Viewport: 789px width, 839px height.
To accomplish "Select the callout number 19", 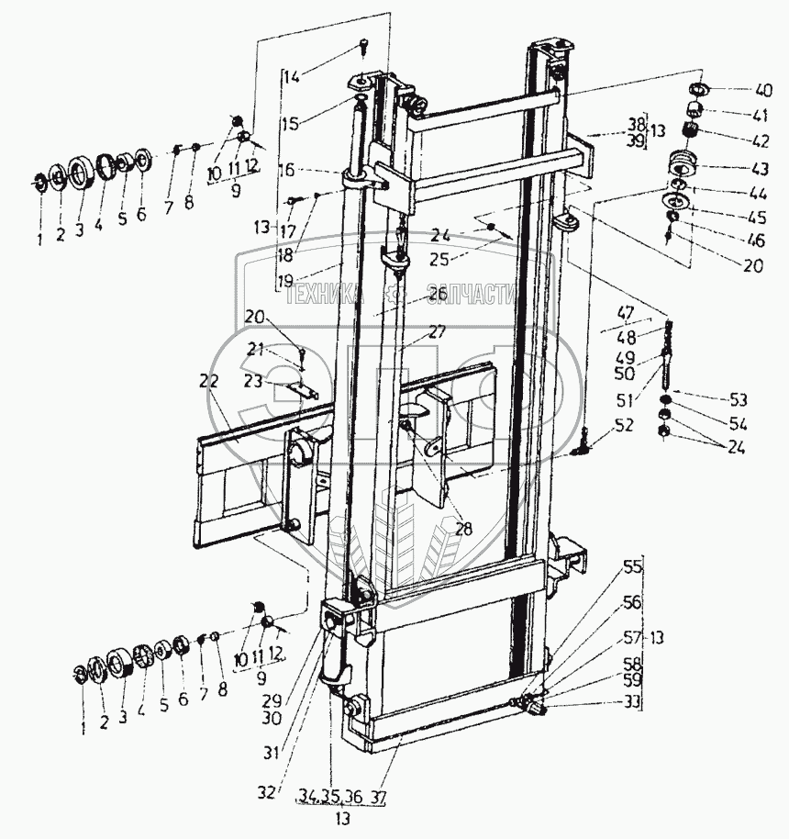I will [287, 278].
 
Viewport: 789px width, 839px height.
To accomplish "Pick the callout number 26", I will [437, 294].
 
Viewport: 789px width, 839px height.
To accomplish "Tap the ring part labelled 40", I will [698, 90].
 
